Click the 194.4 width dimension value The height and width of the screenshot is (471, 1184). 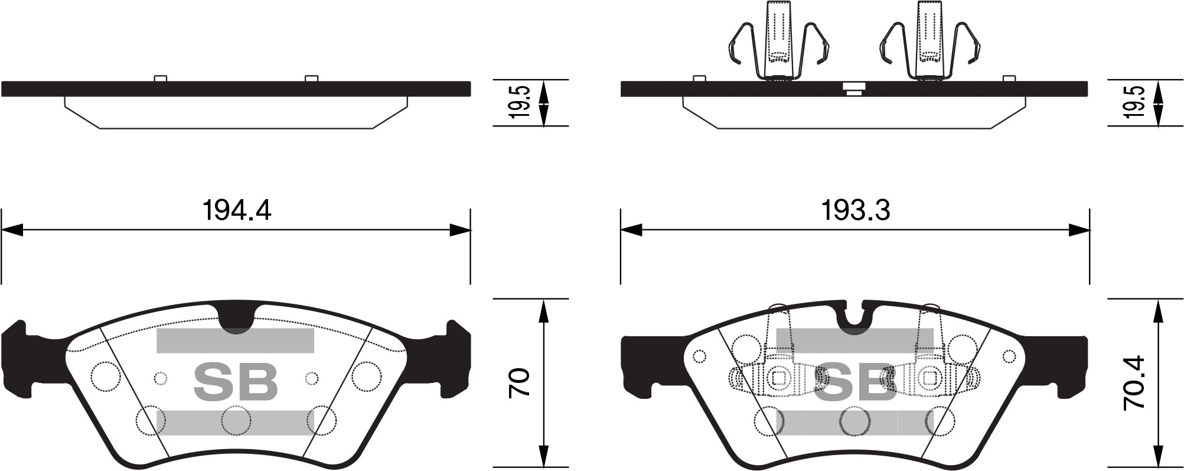click(236, 210)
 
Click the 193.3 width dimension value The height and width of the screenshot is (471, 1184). click(856, 210)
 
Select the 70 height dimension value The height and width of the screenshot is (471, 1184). click(520, 382)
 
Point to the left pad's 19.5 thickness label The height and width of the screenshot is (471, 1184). click(520, 102)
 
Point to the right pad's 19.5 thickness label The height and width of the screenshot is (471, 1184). click(1134, 102)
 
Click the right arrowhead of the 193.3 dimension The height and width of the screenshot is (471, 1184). click(1079, 230)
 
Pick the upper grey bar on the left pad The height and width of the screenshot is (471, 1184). click(235, 341)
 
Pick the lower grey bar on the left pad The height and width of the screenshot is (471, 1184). click(235, 423)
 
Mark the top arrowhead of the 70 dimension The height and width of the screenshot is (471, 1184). click(544, 310)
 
